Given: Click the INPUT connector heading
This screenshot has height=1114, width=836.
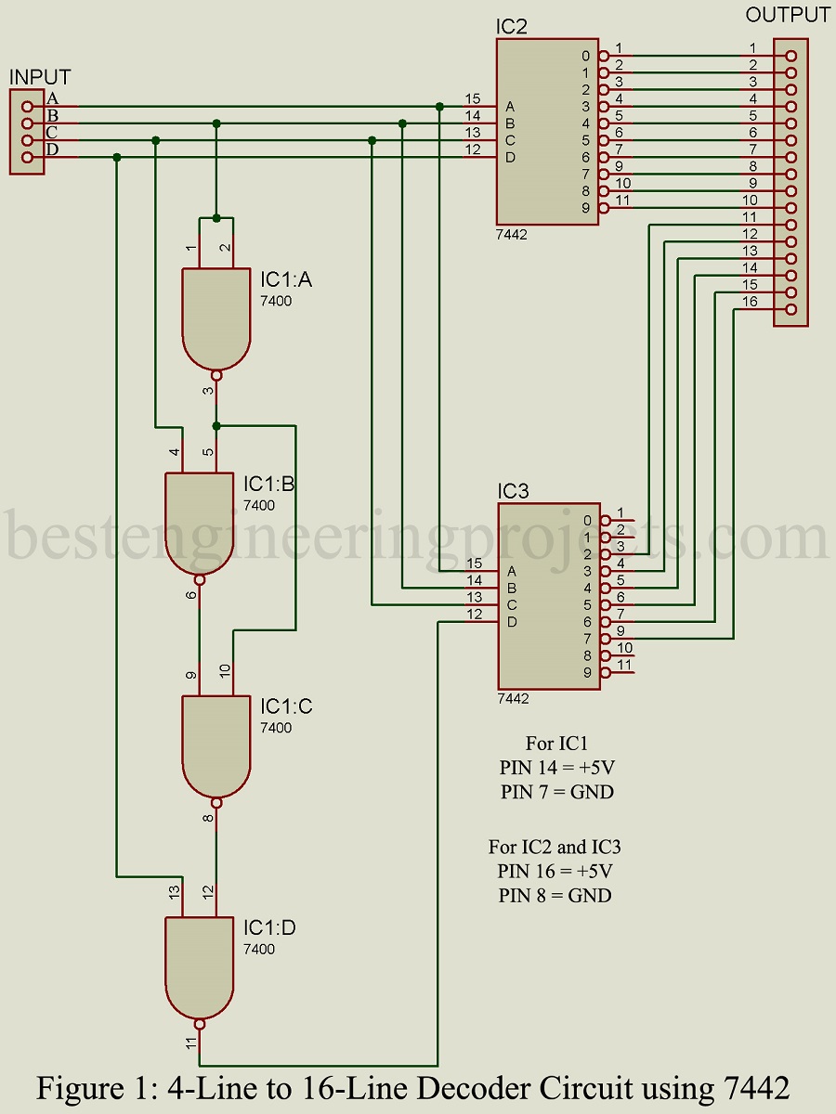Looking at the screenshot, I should (40, 77).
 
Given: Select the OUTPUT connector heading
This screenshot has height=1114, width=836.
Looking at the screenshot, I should (788, 15).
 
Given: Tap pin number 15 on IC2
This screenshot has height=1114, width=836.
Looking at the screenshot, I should (474, 98).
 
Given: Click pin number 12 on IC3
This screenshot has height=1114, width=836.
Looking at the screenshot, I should (474, 614).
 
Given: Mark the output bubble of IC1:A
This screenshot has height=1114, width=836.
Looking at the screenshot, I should (216, 376).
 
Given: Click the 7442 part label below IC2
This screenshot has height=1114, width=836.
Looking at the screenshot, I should (512, 235).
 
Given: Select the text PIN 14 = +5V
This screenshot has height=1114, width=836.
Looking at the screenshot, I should (555, 768).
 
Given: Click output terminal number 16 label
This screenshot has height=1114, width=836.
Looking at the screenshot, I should (749, 301).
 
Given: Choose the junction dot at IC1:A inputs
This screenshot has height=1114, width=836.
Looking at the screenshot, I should (216, 218).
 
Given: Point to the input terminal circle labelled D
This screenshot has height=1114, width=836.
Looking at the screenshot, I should (27, 158).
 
